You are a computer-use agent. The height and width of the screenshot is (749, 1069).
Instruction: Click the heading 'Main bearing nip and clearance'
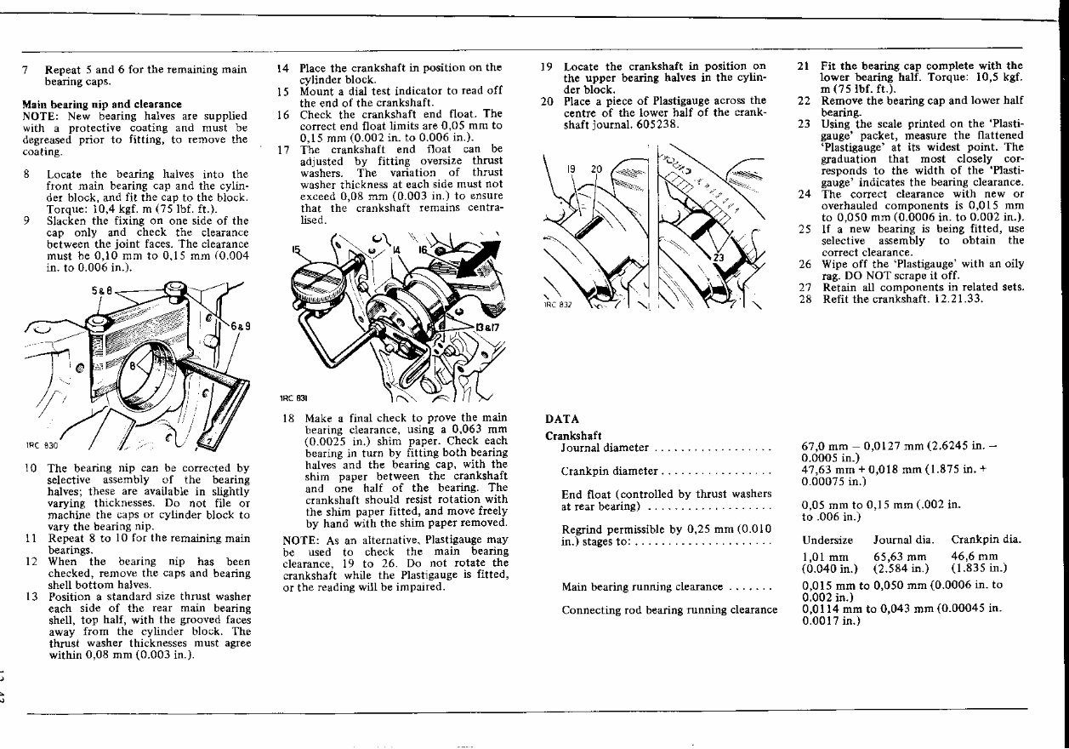(x=101, y=105)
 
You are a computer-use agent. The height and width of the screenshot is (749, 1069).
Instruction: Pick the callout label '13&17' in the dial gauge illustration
(x=488, y=326)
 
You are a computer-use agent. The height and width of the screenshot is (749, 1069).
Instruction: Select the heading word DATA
(x=561, y=419)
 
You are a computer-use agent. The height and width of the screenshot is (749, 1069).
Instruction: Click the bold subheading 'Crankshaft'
(x=573, y=436)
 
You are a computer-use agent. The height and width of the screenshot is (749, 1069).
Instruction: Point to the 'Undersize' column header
(x=827, y=540)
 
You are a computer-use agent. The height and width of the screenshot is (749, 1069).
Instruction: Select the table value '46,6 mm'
(x=975, y=557)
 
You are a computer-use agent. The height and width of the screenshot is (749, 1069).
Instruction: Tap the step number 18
(x=289, y=419)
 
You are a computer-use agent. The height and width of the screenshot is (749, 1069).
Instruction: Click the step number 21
(x=804, y=66)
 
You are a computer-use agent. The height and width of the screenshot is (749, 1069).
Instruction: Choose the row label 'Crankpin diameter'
(x=610, y=471)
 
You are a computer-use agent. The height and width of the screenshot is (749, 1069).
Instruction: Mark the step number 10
(x=31, y=468)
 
